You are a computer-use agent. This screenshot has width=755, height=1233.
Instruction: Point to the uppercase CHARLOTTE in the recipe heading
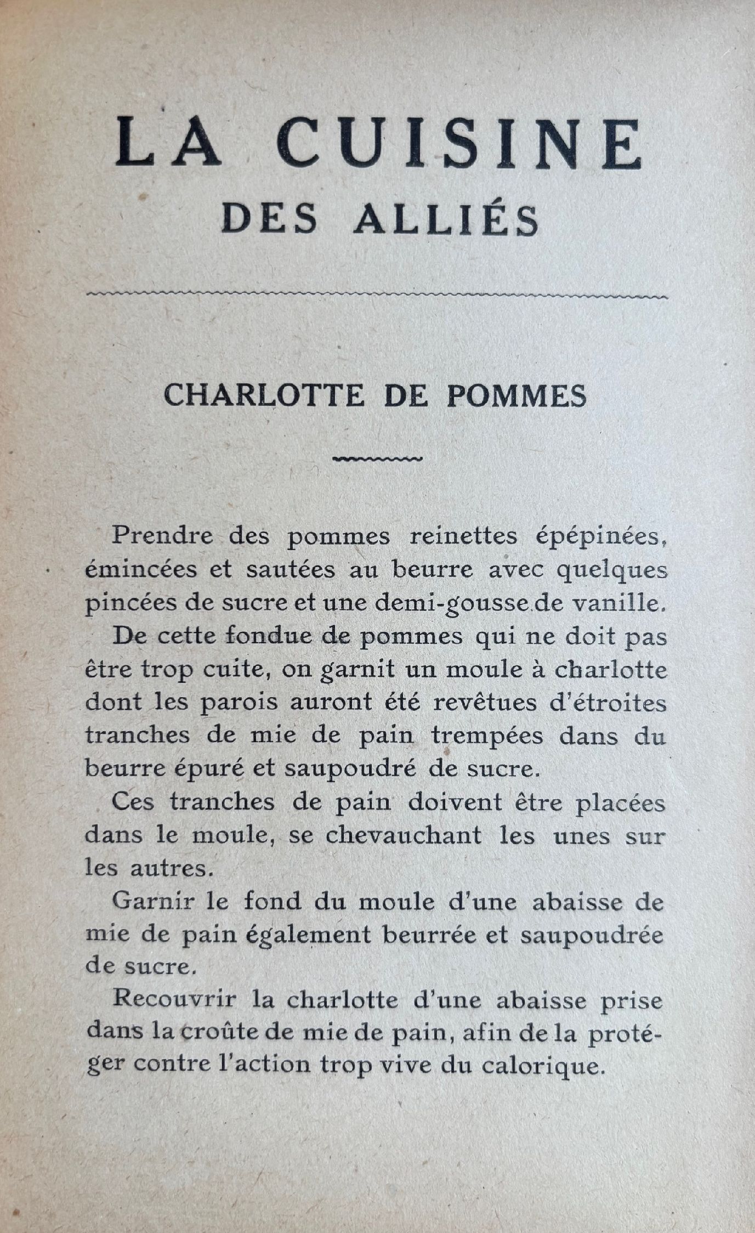(x=264, y=395)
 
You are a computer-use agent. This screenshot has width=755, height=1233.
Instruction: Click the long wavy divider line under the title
(x=377, y=297)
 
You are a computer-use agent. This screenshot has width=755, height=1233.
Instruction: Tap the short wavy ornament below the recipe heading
(x=377, y=459)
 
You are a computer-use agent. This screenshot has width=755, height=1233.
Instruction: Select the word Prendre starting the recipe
(x=163, y=535)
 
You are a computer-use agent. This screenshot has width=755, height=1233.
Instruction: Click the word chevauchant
(x=403, y=835)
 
